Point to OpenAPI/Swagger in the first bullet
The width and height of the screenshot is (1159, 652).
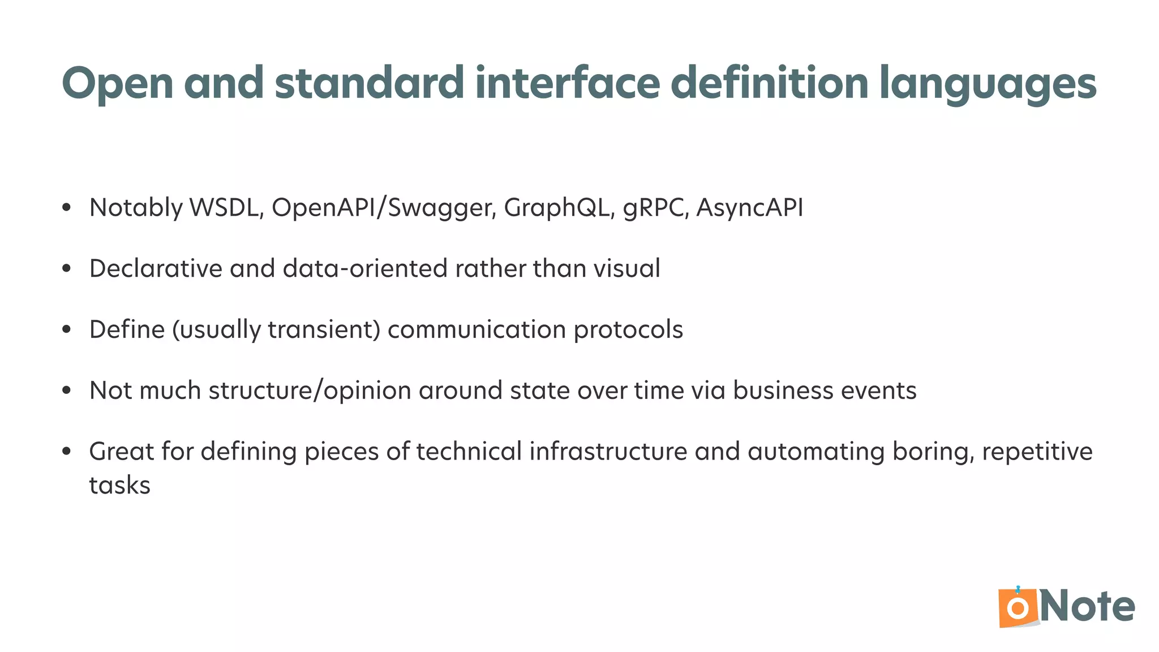pos(384,208)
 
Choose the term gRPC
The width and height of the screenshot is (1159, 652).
pos(656,208)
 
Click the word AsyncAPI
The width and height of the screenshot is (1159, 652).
pos(749,208)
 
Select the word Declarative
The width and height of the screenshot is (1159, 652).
pos(156,268)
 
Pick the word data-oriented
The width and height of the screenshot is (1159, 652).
pos(365,268)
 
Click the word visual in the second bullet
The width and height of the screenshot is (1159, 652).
pos(626,268)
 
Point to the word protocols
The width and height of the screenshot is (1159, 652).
pos(628,330)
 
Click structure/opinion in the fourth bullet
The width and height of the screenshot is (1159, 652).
pos(310,391)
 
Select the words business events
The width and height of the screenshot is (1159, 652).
pos(825,391)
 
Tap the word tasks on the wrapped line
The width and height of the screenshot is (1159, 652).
pos(120,486)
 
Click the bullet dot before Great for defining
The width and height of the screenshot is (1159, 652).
pos(67,452)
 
